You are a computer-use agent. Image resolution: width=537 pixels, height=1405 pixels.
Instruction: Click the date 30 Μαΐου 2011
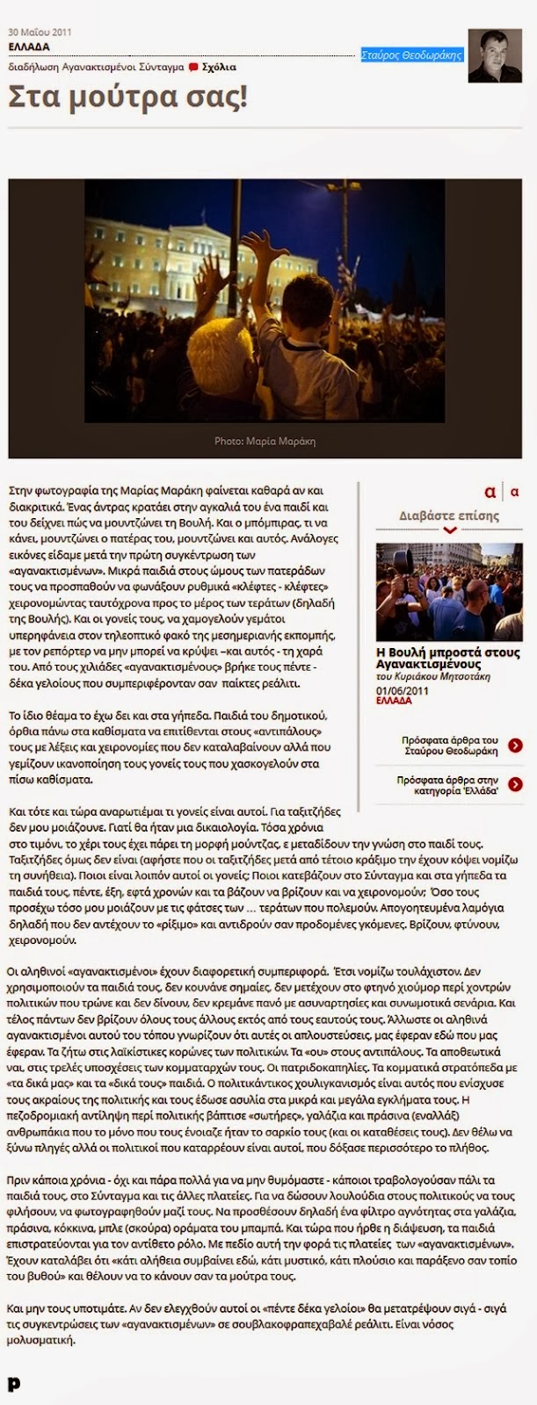40,32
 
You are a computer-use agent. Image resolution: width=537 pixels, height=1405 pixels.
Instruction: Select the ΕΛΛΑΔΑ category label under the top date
29,47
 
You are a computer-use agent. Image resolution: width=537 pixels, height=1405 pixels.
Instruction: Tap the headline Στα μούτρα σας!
127,97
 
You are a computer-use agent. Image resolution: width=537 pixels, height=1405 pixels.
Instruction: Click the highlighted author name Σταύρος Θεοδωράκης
411,55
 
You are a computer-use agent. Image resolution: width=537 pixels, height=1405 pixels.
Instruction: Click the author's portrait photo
495,55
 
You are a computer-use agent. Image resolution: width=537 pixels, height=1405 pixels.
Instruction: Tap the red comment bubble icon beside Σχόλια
193,67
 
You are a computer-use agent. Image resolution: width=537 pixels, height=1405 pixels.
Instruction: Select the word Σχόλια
219,67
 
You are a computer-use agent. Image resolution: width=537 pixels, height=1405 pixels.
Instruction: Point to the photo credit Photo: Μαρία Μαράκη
265,441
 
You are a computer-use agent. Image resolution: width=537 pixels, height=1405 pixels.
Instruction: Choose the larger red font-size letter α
490,492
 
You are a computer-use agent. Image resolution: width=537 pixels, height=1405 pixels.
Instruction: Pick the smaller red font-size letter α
514,493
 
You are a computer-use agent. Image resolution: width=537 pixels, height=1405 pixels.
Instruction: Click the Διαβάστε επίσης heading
449,515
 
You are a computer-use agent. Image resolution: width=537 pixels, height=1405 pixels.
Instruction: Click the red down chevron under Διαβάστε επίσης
450,530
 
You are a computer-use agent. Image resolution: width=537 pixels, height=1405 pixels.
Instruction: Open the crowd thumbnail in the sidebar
449,592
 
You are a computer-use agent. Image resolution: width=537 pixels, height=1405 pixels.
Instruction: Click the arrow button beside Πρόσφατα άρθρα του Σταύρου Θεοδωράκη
515,746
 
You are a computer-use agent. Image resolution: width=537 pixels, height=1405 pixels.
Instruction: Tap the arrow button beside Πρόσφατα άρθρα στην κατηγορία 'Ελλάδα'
515,785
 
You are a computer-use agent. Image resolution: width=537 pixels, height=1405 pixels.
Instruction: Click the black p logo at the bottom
13,1385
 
